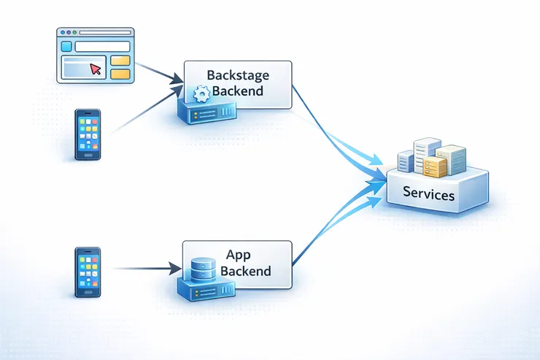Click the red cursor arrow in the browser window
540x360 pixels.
click(x=95, y=69)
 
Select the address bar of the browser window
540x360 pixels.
click(x=102, y=47)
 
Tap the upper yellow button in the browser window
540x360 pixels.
click(x=121, y=60)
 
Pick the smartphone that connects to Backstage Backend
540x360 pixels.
click(x=88, y=134)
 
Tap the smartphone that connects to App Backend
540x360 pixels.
click(x=87, y=271)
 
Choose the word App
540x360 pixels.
click(x=239, y=256)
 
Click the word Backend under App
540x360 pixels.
click(x=245, y=272)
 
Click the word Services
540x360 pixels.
click(x=428, y=195)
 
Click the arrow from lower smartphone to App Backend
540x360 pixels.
click(x=146, y=269)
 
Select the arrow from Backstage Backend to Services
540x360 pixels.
click(x=336, y=135)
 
